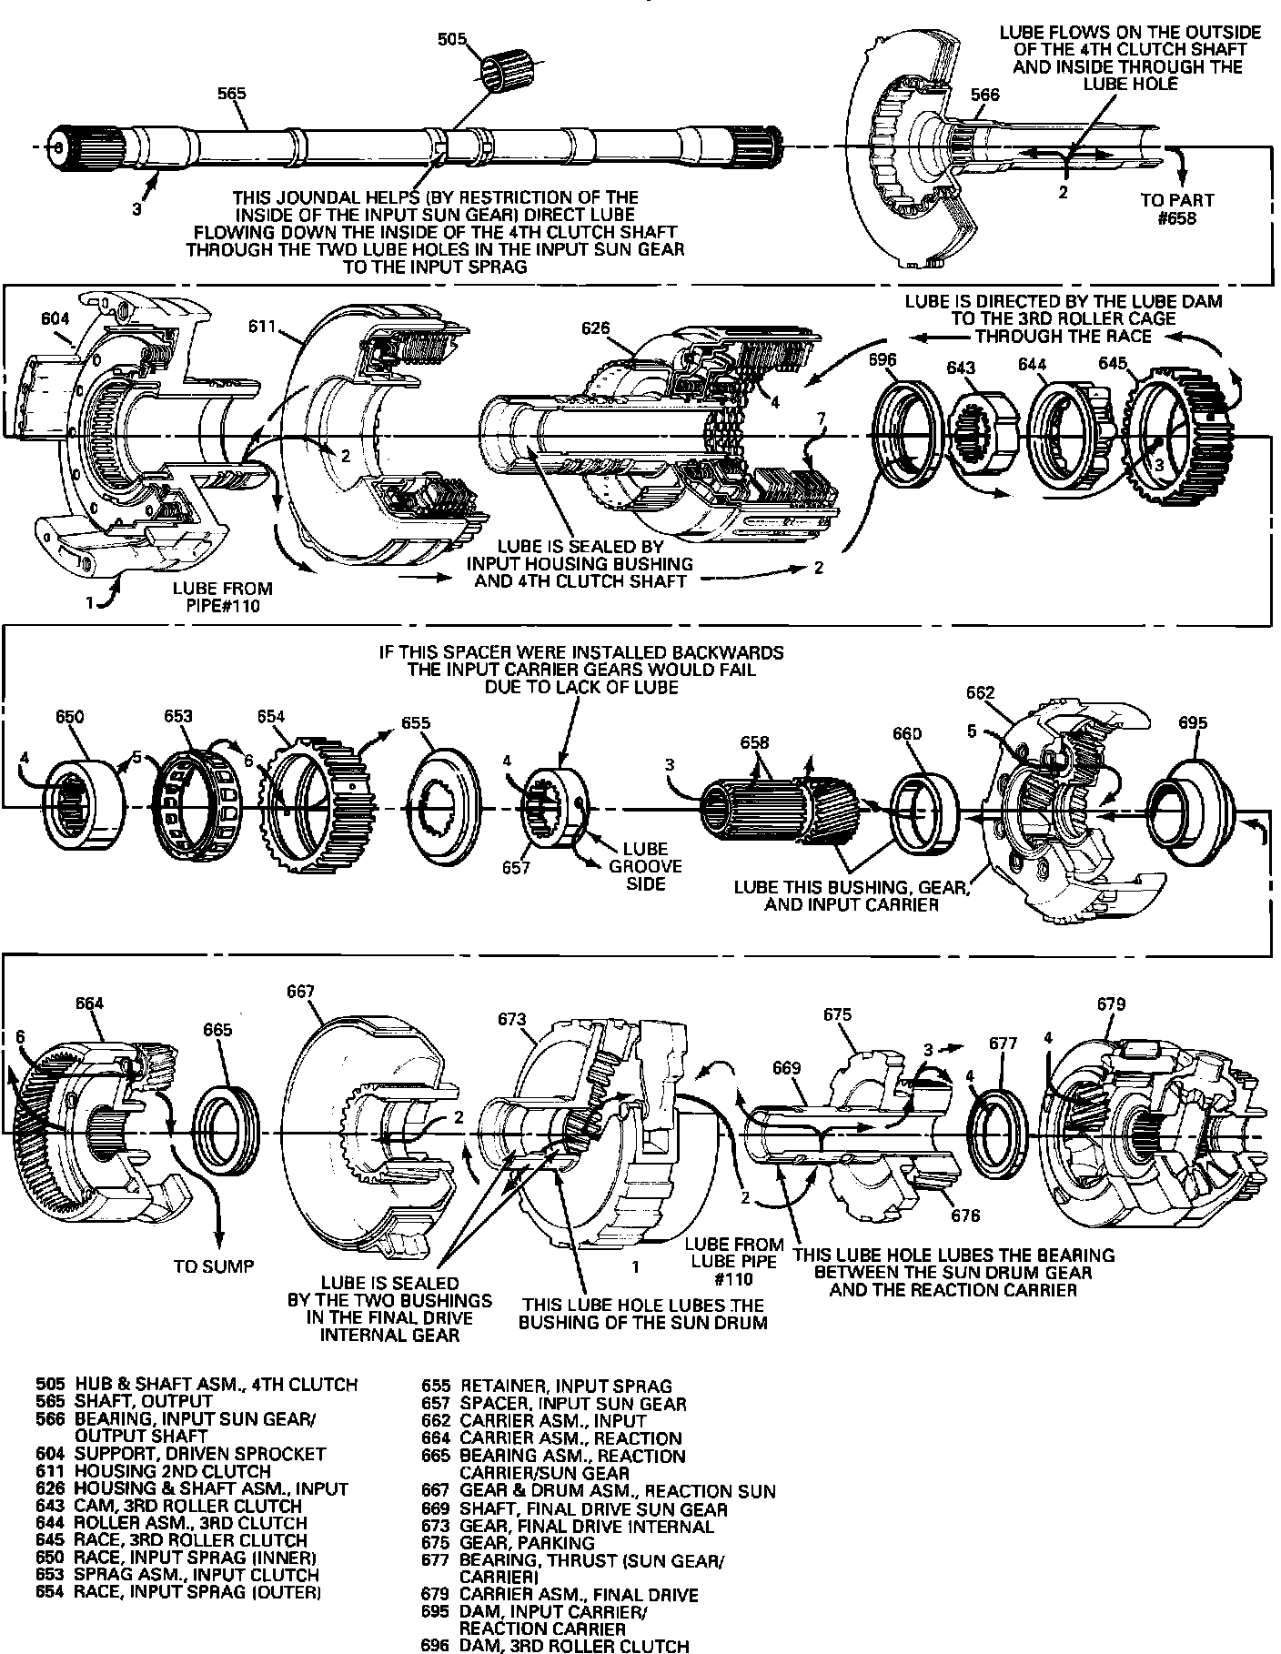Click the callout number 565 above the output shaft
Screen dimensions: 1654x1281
pyautogui.click(x=231, y=93)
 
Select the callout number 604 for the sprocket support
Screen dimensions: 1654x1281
pyautogui.click(x=55, y=318)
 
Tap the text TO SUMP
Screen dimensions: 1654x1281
pyautogui.click(x=213, y=1266)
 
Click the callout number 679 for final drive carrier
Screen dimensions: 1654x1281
pyautogui.click(x=1111, y=1004)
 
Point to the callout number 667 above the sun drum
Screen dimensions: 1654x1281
pyautogui.click(x=300, y=991)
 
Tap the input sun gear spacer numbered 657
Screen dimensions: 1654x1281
pyautogui.click(x=554, y=806)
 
